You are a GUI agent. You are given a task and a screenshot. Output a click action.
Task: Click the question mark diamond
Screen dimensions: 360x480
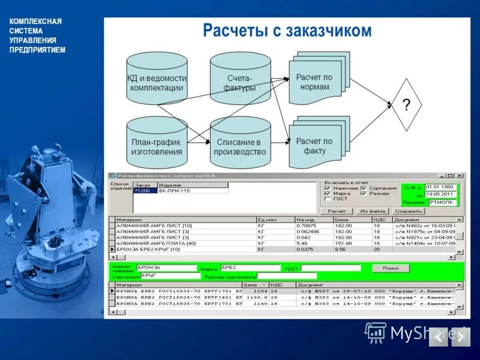click(406, 106)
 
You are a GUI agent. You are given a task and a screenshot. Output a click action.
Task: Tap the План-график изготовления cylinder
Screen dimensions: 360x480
click(157, 144)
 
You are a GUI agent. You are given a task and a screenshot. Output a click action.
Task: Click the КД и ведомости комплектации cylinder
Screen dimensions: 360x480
click(157, 81)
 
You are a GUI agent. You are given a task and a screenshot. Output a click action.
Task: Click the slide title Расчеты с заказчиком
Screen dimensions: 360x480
click(287, 31)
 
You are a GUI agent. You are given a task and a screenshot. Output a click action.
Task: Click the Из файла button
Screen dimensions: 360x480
click(372, 211)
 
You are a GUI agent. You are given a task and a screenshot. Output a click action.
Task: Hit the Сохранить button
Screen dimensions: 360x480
click(409, 211)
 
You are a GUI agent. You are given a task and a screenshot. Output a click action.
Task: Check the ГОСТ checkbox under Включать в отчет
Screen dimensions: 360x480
click(327, 199)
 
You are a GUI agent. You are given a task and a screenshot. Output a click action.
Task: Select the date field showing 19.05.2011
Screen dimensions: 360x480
click(440, 194)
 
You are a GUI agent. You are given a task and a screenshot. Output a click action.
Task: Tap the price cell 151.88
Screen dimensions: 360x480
click(343, 243)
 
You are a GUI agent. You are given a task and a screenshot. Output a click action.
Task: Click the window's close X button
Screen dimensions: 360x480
click(459, 176)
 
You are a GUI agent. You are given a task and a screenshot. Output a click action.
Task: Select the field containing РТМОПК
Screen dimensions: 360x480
click(442, 202)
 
